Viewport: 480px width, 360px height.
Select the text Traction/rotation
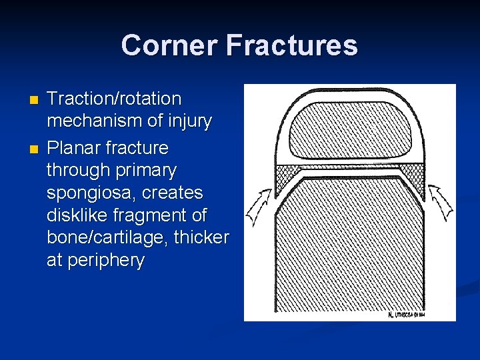tap(114, 99)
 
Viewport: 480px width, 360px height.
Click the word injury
tap(187, 121)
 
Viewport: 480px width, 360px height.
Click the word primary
tap(145, 171)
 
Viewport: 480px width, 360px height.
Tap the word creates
tap(171, 193)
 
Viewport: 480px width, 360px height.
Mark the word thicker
tap(204, 238)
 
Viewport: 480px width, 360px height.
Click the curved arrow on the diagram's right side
tap(441, 203)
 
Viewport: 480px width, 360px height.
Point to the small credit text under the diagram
tap(406, 315)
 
